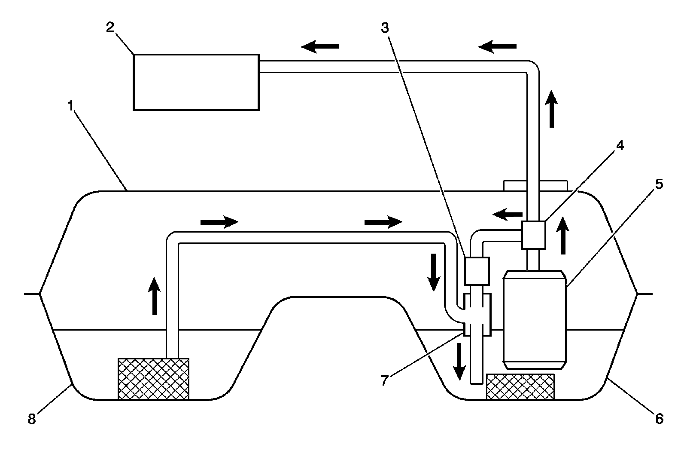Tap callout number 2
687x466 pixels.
click(x=110, y=28)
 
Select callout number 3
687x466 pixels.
click(x=385, y=28)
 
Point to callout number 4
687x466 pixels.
click(x=619, y=146)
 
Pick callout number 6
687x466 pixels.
click(x=660, y=418)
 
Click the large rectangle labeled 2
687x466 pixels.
click(x=196, y=82)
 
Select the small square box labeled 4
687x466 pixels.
click(x=533, y=235)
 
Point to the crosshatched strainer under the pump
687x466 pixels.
click(x=520, y=386)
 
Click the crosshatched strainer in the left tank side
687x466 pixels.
click(x=153, y=379)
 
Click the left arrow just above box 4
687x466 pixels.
click(x=507, y=213)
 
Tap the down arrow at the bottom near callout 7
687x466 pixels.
click(x=459, y=362)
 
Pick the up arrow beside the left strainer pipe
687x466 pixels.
click(x=153, y=296)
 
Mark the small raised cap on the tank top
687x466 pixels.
click(x=535, y=186)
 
